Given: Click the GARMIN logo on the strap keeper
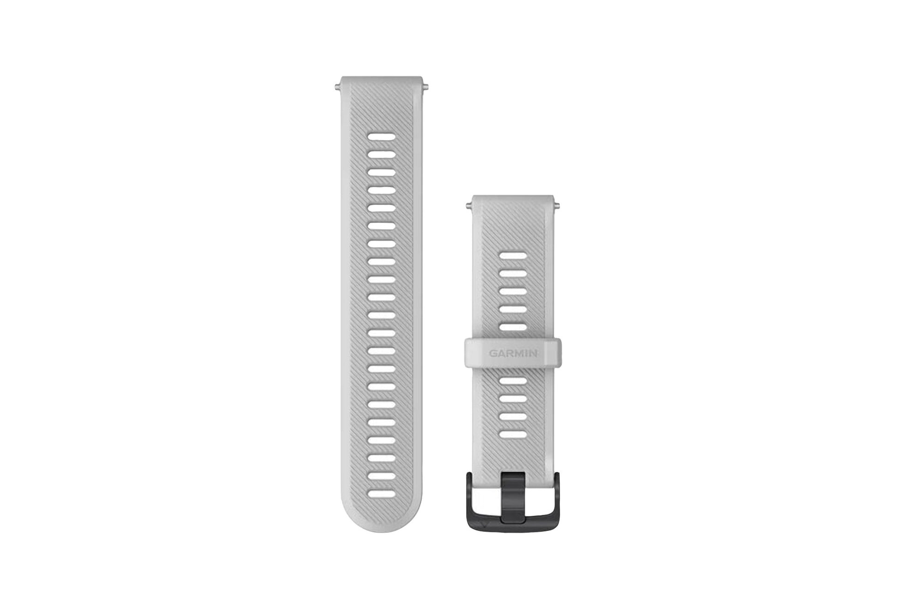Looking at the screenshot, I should [x=513, y=354].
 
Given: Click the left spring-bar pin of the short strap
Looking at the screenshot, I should [x=468, y=204].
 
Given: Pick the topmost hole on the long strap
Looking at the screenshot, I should [x=382, y=137].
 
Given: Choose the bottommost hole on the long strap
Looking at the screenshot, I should [x=382, y=494].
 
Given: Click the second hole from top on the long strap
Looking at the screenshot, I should [x=382, y=155].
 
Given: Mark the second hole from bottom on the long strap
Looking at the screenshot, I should [x=382, y=476].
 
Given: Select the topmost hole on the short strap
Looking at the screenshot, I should [x=513, y=256].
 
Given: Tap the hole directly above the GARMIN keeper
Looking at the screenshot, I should [x=513, y=327].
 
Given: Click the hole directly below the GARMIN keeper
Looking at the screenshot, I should [x=513, y=381].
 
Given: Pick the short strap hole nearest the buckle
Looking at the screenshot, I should [x=513, y=434].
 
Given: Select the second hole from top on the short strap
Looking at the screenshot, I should [x=513, y=274].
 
